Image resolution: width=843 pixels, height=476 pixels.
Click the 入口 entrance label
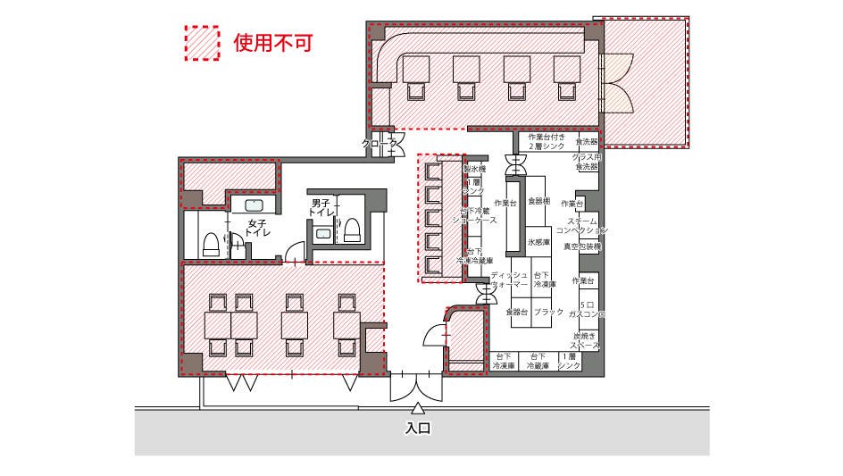tap(418, 429)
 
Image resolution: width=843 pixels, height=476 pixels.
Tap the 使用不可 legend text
tap(272, 42)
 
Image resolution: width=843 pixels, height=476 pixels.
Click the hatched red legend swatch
tap(203, 42)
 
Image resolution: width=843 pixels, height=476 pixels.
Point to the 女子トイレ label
tap(258, 228)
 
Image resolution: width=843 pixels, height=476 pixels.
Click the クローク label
tap(379, 143)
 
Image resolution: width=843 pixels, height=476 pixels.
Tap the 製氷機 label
tap(474, 169)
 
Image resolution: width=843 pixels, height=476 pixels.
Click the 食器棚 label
tap(538, 201)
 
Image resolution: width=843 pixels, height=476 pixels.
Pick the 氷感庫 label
tap(538, 242)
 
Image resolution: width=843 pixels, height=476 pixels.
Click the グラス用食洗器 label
tap(587, 162)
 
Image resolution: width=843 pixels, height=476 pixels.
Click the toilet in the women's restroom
tap(211, 244)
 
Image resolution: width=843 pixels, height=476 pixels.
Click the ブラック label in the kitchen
tap(548, 312)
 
